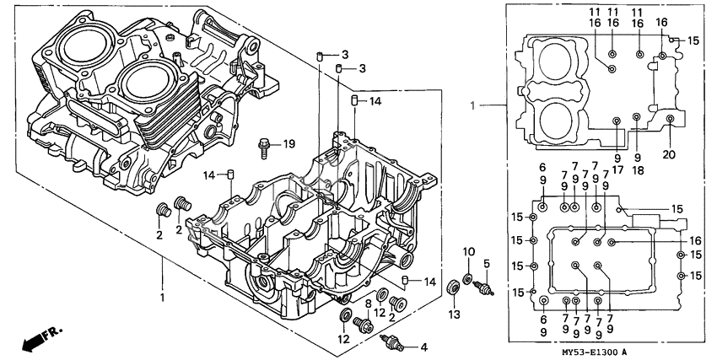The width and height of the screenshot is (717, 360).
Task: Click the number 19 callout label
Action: pyautogui.click(x=288, y=144)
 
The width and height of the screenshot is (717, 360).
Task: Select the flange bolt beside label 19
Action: pyautogui.click(x=266, y=148)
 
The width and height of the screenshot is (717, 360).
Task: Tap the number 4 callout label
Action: pyautogui.click(x=423, y=346)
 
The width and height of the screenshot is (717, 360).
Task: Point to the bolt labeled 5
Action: pyautogui.click(x=484, y=288)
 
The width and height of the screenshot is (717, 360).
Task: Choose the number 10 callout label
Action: pyautogui.click(x=470, y=252)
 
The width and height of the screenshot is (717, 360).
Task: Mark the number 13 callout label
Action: pyautogui.click(x=454, y=314)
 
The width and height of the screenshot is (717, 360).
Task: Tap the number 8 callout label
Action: pyautogui.click(x=368, y=302)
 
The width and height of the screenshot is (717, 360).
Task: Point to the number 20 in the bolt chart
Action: pyautogui.click(x=671, y=155)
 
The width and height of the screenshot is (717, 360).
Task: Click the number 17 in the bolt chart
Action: pyautogui.click(x=617, y=168)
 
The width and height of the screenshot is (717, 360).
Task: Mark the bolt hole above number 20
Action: pyautogui.click(x=670, y=120)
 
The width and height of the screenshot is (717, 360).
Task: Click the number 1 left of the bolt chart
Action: pyautogui.click(x=473, y=106)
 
